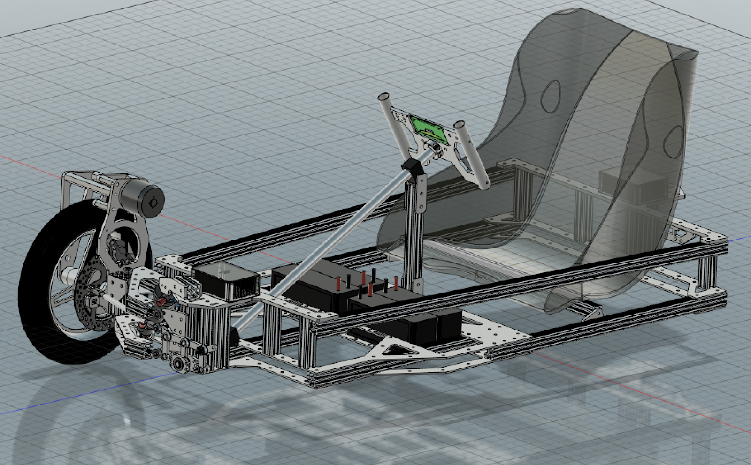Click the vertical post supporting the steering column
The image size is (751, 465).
click(417, 234)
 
